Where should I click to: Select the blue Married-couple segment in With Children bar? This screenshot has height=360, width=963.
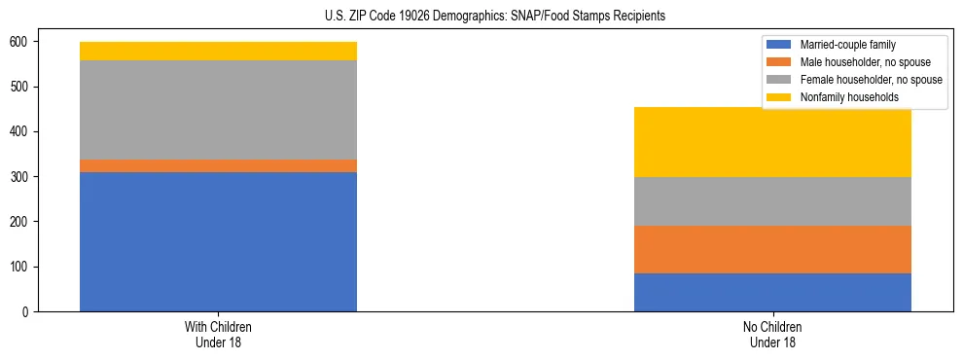pos(218,241)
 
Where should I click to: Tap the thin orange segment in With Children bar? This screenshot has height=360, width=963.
pos(218,165)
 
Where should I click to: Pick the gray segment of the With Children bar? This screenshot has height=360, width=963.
pos(218,110)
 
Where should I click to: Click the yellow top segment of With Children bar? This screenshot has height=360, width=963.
pos(218,51)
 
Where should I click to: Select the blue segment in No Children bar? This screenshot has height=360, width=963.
pos(772,292)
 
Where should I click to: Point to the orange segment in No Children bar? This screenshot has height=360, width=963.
pos(772,249)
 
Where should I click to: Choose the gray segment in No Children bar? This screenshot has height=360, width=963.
pos(772,201)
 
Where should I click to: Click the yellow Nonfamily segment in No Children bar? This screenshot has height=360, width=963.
pos(772,142)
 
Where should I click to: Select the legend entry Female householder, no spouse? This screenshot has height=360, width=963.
pos(870,80)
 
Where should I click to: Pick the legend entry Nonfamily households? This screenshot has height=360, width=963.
pos(842,97)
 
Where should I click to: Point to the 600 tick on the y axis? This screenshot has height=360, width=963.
pos(24,42)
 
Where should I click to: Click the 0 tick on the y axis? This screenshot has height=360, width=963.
pos(30,311)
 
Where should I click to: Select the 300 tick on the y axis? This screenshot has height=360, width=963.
pos(24,177)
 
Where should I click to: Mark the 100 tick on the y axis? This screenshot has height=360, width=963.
pos(24,267)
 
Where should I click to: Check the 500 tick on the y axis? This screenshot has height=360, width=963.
pos(24,87)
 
